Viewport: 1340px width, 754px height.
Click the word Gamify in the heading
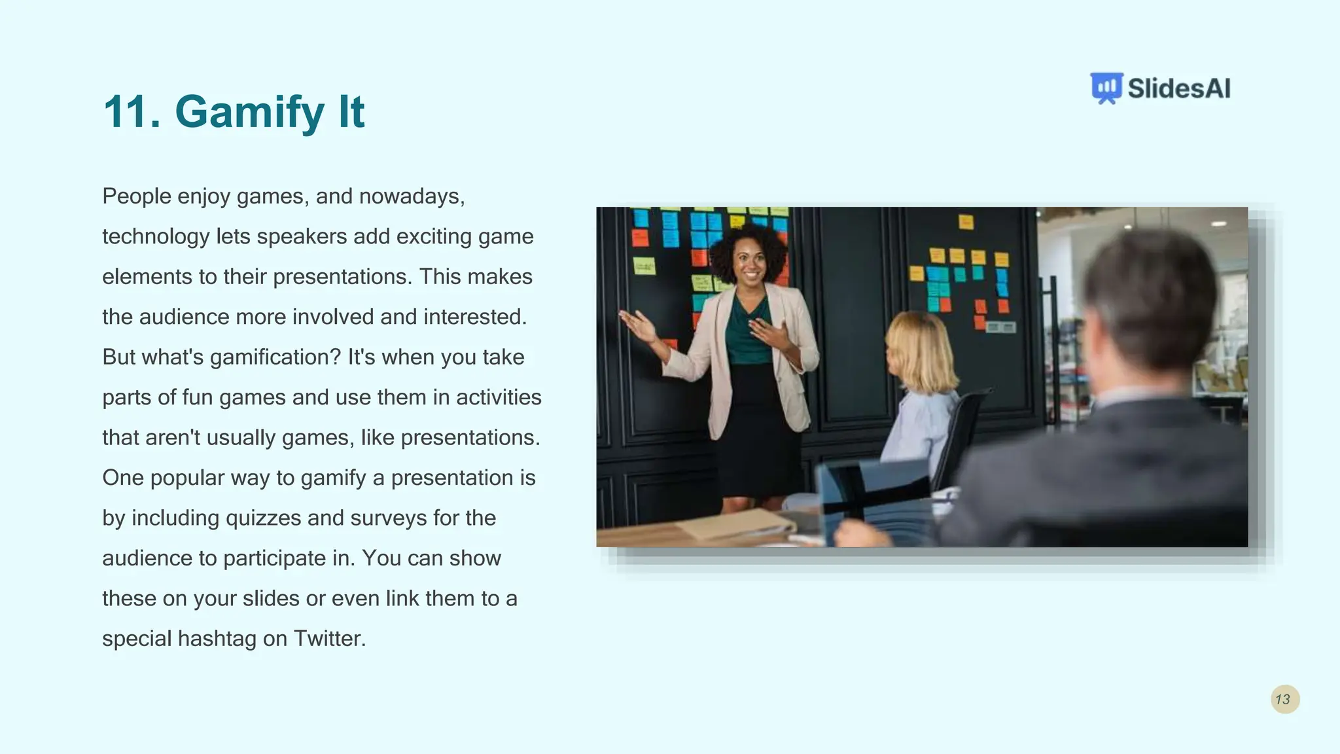(x=249, y=113)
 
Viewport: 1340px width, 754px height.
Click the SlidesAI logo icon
(x=1106, y=88)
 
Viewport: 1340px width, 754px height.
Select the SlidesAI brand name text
(x=1179, y=88)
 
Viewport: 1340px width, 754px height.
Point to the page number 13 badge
(x=1284, y=699)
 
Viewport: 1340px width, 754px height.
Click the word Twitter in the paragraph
(x=329, y=638)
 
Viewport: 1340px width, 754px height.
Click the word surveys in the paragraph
(x=388, y=518)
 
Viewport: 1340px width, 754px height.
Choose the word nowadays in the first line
(x=412, y=196)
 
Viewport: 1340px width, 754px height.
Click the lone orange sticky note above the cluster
(x=966, y=222)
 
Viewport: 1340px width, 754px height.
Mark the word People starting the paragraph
(x=136, y=196)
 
